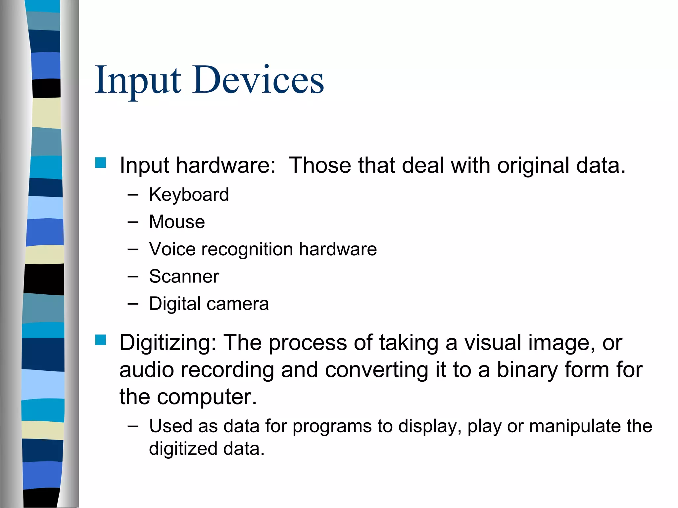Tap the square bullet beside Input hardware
pyautogui.click(x=100, y=163)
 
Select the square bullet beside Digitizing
pyautogui.click(x=100, y=340)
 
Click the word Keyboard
pyautogui.click(x=189, y=194)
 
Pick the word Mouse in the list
pyautogui.click(x=177, y=222)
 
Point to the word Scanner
pyautogui.click(x=184, y=276)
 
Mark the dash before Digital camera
pyautogui.click(x=132, y=304)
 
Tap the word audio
pyautogui.click(x=147, y=370)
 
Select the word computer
pyautogui.click(x=207, y=397)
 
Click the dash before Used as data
pyautogui.click(x=132, y=426)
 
